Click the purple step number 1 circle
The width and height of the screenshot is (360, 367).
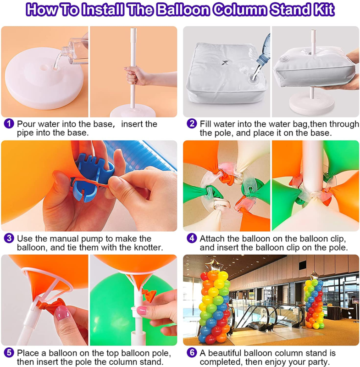[9, 123]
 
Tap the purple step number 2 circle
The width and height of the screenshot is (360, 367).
[192, 123]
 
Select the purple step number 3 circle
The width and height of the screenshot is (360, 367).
[9, 238]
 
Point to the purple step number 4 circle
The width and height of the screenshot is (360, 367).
[192, 238]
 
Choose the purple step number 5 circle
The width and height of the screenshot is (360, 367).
[9, 353]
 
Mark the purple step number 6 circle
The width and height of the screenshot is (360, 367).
[192, 353]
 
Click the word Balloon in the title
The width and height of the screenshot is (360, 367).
[183, 10]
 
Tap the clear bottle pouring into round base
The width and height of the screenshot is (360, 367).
[72, 53]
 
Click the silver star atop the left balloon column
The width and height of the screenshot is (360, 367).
[213, 265]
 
